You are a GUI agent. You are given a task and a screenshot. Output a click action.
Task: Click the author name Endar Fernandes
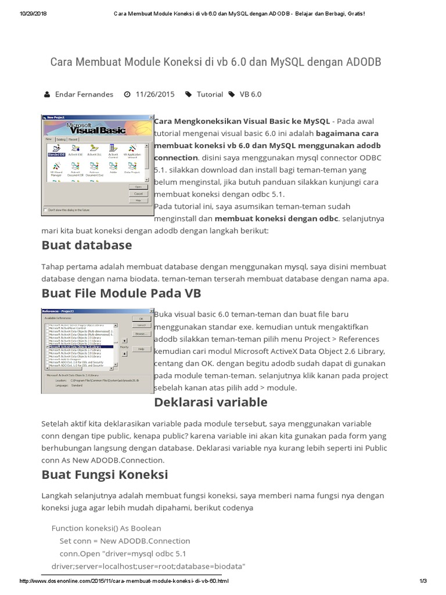point(84,94)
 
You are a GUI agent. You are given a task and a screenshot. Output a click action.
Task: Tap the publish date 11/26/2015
point(155,94)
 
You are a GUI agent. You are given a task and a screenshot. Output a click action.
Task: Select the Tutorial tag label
point(210,94)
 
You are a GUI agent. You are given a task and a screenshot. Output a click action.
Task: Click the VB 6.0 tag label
point(251,94)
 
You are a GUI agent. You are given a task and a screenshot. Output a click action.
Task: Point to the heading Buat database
point(87,245)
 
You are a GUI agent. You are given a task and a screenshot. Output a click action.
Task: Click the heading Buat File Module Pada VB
point(121,294)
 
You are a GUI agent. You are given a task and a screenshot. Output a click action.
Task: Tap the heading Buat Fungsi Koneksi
point(105,475)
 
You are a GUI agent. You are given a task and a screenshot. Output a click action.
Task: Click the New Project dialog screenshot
point(97,164)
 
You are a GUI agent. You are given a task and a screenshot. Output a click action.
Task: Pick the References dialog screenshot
point(97,350)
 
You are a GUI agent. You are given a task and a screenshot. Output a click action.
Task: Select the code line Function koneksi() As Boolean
point(106,528)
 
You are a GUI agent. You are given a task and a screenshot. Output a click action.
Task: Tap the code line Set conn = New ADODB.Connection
point(125,540)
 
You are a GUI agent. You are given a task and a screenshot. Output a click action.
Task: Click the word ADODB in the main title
point(361,62)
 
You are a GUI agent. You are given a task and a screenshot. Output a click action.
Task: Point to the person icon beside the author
point(47,94)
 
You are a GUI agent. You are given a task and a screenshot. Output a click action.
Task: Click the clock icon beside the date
point(127,94)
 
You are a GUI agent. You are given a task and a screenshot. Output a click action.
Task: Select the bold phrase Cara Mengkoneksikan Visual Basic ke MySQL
point(242,121)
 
